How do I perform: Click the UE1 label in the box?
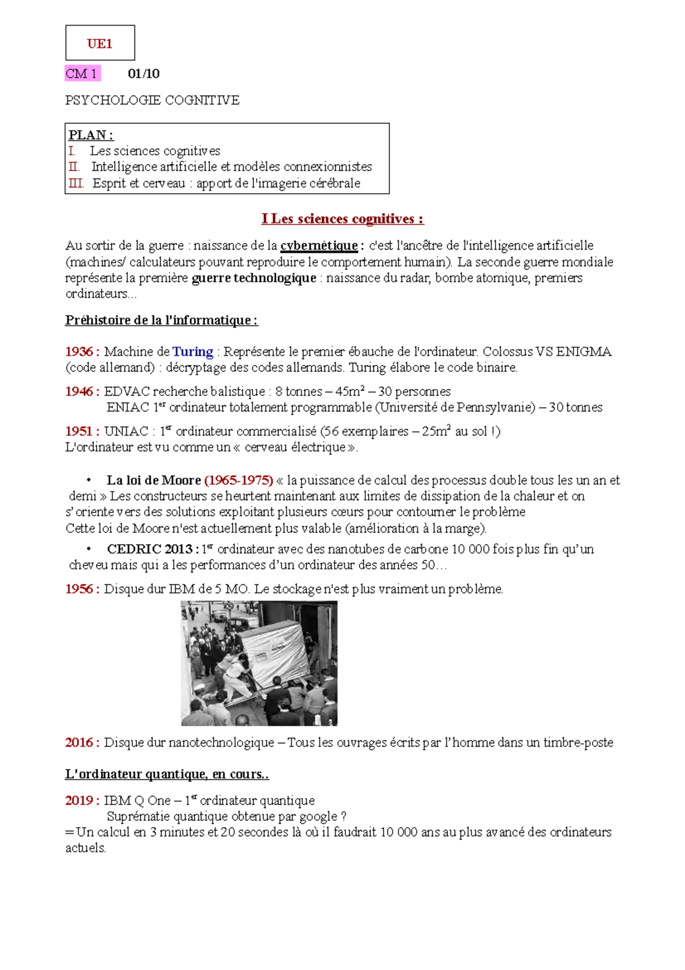pyautogui.click(x=100, y=44)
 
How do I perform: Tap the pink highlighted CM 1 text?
pyautogui.click(x=82, y=74)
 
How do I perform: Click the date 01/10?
pyautogui.click(x=143, y=74)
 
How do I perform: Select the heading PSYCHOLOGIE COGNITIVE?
pyautogui.click(x=152, y=101)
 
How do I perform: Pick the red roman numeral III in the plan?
pyautogui.click(x=75, y=183)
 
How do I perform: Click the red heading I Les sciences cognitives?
pyautogui.click(x=342, y=219)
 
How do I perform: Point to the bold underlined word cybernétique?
pyautogui.click(x=319, y=246)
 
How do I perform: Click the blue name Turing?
pyautogui.click(x=193, y=352)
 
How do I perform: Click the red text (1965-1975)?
pyautogui.click(x=239, y=480)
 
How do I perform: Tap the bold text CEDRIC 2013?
pyautogui.click(x=150, y=549)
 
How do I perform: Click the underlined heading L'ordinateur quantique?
pyautogui.click(x=167, y=774)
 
